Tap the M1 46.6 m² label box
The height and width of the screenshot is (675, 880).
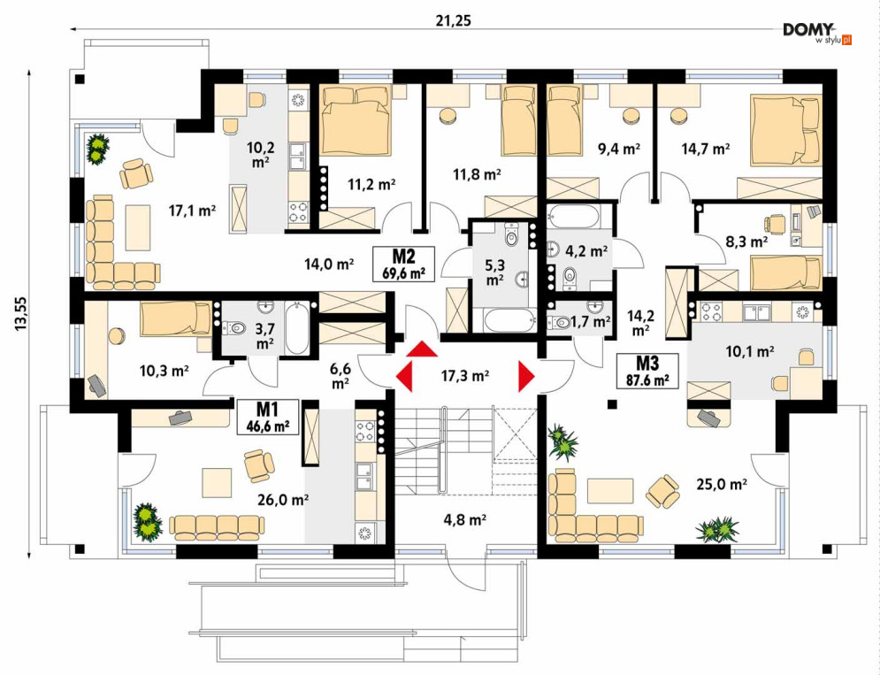pyautogui.click(x=266, y=416)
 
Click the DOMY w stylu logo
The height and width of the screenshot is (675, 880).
pyautogui.click(x=816, y=34)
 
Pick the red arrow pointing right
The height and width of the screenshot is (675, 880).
pyautogui.click(x=526, y=376)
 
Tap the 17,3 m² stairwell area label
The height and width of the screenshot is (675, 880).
pyautogui.click(x=465, y=376)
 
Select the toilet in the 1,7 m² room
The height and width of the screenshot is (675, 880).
pyautogui.click(x=562, y=323)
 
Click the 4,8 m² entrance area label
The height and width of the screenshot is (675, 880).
pyautogui.click(x=466, y=520)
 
